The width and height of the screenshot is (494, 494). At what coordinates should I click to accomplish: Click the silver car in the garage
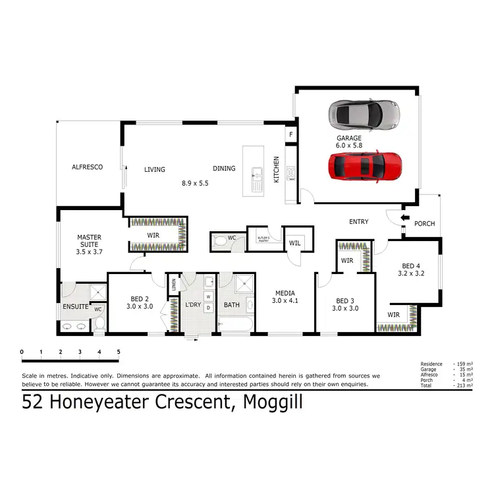[364, 114]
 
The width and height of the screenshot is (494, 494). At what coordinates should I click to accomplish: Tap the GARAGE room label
[349, 138]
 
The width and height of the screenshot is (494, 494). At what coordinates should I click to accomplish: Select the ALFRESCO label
[88, 167]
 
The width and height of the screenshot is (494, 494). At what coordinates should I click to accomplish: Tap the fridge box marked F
[289, 135]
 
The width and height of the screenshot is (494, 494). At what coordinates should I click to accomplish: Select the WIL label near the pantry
[294, 243]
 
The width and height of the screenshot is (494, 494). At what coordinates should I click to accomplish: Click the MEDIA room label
[285, 293]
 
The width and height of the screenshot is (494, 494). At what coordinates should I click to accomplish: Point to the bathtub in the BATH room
[233, 325]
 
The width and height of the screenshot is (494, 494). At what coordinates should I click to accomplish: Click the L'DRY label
[193, 305]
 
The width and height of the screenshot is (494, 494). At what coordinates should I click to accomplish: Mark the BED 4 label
[411, 267]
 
